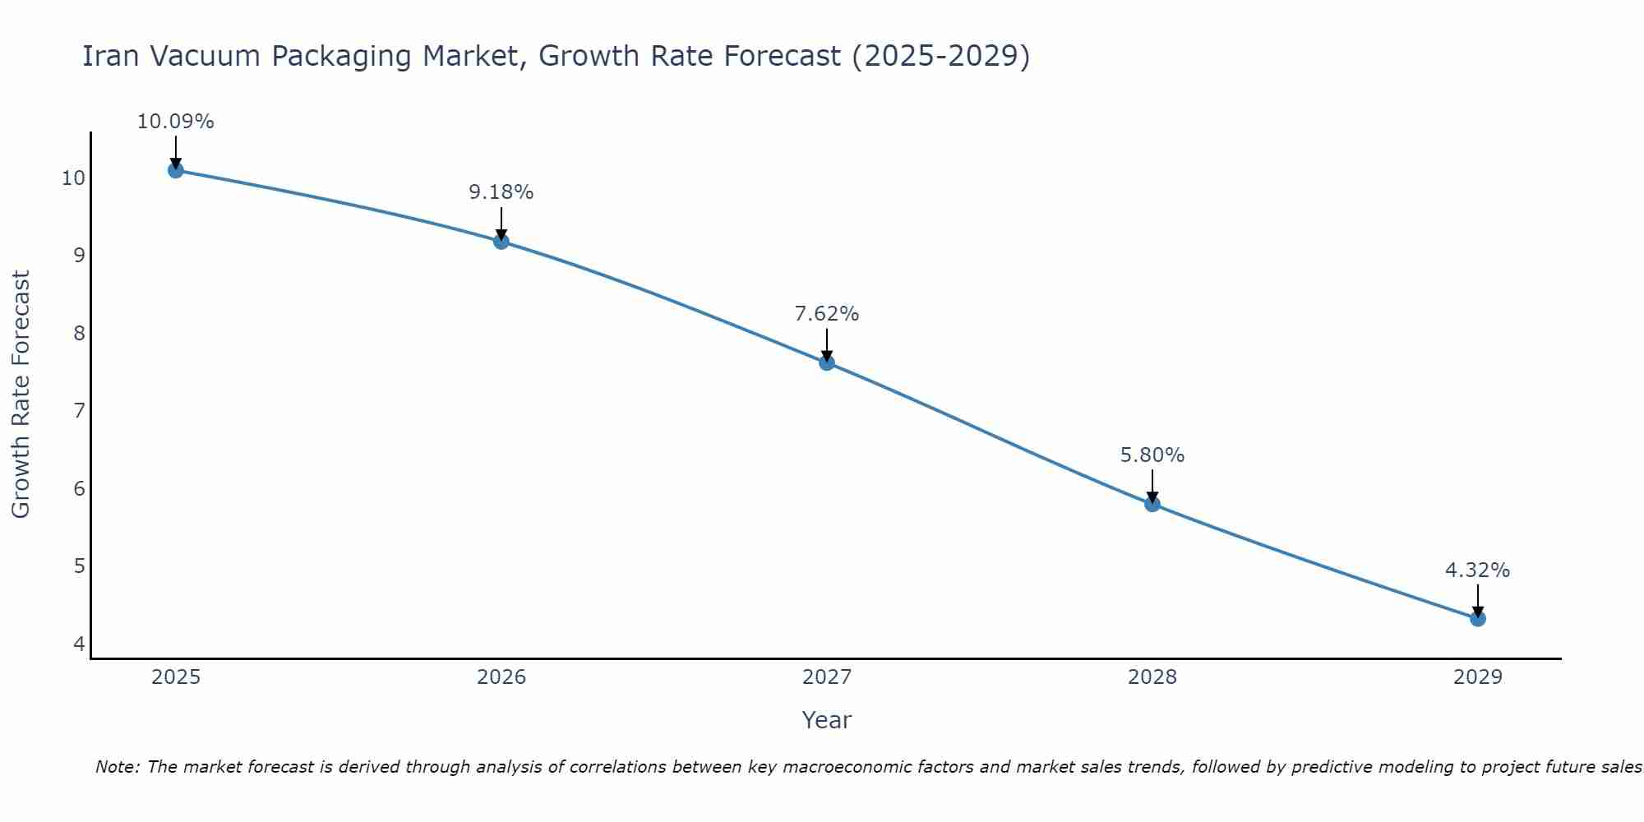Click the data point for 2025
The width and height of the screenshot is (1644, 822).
point(175,170)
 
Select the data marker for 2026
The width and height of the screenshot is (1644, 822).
point(501,241)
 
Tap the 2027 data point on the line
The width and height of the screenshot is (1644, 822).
point(827,363)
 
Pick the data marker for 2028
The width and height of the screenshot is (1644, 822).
point(1152,504)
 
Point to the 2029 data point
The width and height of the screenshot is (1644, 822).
point(1478,618)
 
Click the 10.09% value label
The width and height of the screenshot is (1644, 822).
point(175,122)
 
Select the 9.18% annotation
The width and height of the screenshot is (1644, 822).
point(501,192)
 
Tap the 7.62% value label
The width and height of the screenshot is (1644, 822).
point(827,314)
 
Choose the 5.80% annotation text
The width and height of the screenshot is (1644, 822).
point(1152,455)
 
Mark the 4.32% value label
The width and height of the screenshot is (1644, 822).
point(1478,570)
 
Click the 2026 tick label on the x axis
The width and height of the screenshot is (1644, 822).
point(501,677)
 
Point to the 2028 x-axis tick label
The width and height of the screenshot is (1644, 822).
point(1152,677)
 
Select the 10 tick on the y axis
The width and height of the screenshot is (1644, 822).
point(73,178)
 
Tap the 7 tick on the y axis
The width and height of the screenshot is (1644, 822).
point(79,411)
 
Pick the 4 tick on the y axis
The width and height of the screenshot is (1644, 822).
point(79,644)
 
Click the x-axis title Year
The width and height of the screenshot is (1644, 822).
point(826,720)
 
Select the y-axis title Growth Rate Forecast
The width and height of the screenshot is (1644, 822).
point(21,394)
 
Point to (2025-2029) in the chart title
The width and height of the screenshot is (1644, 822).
point(940,56)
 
